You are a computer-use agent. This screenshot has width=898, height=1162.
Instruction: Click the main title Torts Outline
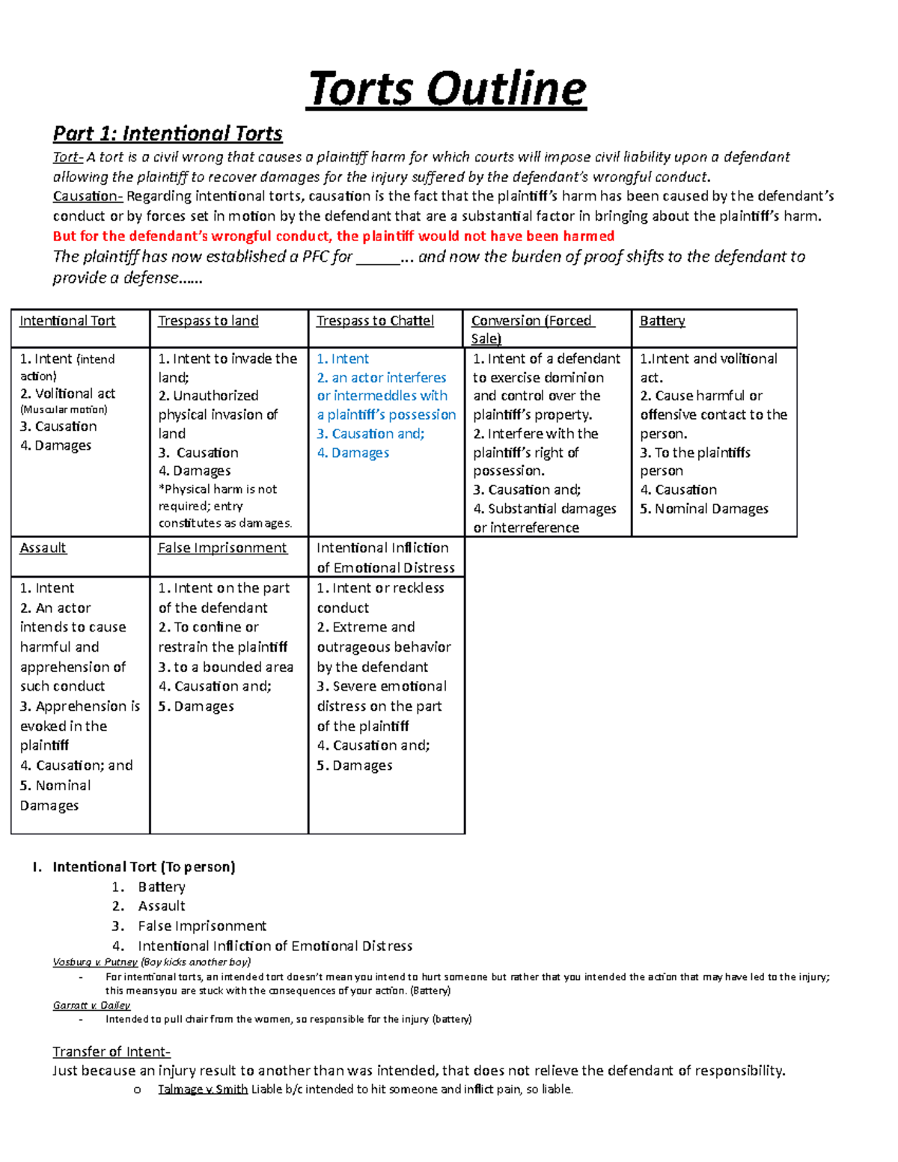447,88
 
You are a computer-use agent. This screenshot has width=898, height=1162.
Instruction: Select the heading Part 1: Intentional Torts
168,133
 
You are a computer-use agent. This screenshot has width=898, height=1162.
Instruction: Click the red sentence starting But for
333,236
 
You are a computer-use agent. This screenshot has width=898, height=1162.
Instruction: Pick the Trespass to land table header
208,321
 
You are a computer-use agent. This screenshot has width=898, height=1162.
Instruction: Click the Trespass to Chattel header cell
375,321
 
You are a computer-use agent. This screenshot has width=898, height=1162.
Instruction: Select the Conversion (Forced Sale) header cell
532,328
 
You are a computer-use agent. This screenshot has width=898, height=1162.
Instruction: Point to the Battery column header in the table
662,321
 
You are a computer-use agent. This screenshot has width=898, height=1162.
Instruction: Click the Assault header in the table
43,548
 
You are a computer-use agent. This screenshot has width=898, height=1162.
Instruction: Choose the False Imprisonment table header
222,548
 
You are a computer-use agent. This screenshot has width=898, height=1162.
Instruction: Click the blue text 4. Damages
353,453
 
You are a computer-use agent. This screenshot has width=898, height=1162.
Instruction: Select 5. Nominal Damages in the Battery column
704,509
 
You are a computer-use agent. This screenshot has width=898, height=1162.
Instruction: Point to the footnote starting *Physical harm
224,506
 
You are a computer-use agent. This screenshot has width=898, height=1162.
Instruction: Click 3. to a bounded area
226,667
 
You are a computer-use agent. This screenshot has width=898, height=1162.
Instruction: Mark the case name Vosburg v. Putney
95,962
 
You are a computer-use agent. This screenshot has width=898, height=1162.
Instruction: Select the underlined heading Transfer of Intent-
112,1051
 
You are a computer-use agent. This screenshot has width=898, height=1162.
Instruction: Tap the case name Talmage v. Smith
203,1089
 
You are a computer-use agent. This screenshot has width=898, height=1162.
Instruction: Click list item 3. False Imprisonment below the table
202,926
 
